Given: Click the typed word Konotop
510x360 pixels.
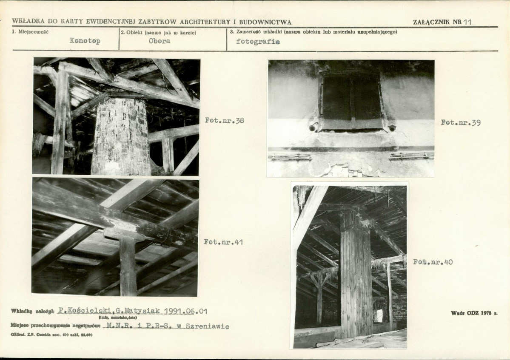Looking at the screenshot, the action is click(x=85, y=41).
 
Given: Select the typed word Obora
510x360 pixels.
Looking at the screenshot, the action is click(x=160, y=41).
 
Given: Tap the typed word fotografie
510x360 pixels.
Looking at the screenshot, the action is click(x=258, y=42).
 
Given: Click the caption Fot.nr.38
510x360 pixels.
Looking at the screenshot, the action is click(x=225, y=121).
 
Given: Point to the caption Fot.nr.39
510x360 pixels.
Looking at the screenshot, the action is click(x=461, y=122).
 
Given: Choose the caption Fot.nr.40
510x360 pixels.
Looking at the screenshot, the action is click(x=433, y=262).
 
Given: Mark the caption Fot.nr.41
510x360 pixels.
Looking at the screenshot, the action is click(x=223, y=242).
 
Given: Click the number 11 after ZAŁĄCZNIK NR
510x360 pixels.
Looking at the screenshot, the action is click(x=468, y=22).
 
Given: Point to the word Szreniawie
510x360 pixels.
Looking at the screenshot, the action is click(x=208, y=326).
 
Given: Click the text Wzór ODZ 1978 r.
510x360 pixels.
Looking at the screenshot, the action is click(x=474, y=313).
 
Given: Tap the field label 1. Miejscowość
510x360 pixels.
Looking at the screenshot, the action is click(x=30, y=32).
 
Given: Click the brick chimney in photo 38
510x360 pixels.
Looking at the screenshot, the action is click(x=121, y=136).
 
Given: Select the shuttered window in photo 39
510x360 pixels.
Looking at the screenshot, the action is click(x=351, y=102).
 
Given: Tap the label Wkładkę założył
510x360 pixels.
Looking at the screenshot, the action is click(x=32, y=311).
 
